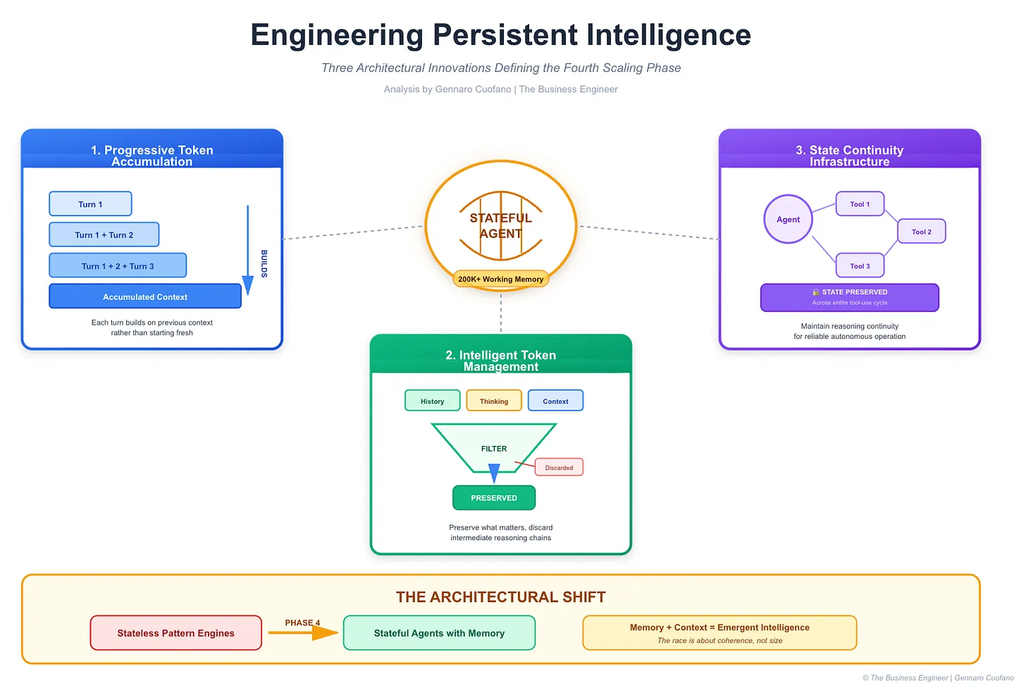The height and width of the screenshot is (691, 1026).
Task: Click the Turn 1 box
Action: [x=90, y=204]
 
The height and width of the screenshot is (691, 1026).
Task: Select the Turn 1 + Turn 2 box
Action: [x=104, y=235]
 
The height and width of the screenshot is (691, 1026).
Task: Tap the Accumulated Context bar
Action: [x=144, y=297]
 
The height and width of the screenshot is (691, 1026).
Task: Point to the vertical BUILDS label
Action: [x=264, y=263]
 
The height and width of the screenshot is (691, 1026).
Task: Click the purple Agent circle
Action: [x=788, y=219]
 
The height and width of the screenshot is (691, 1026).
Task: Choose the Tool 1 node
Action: [x=860, y=204]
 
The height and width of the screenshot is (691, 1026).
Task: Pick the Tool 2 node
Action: [x=921, y=232]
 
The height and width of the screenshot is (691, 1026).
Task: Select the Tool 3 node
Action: [x=860, y=266]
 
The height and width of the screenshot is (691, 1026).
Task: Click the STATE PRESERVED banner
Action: [x=849, y=297]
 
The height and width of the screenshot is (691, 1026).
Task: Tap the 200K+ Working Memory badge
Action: [x=500, y=279]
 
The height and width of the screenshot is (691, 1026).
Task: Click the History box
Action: [x=432, y=401]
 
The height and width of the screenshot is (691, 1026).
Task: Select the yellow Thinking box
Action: [x=494, y=401]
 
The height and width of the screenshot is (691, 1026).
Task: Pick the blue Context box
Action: [x=555, y=401]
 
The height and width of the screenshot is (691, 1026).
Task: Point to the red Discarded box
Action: [x=559, y=467]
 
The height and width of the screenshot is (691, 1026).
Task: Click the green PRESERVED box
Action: [x=494, y=497]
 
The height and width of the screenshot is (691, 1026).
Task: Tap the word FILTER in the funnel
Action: [x=494, y=449]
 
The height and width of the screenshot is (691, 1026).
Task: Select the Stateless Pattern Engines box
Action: [x=175, y=633]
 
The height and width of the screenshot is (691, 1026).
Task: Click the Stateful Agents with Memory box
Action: [x=439, y=633]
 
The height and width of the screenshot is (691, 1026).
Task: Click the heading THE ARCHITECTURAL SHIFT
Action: [x=500, y=597]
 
